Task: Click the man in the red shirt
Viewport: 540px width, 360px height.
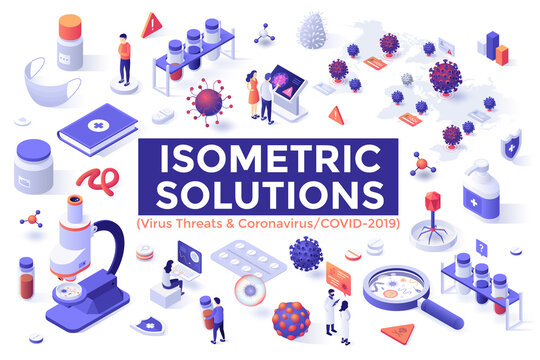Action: click(122, 58)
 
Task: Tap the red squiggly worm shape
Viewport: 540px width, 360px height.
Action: click(93, 182)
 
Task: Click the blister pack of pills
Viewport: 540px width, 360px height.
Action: click(248, 262)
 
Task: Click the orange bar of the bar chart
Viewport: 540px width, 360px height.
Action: click(502, 54)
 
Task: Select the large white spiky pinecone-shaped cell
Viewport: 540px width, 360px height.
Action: click(314, 34)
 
